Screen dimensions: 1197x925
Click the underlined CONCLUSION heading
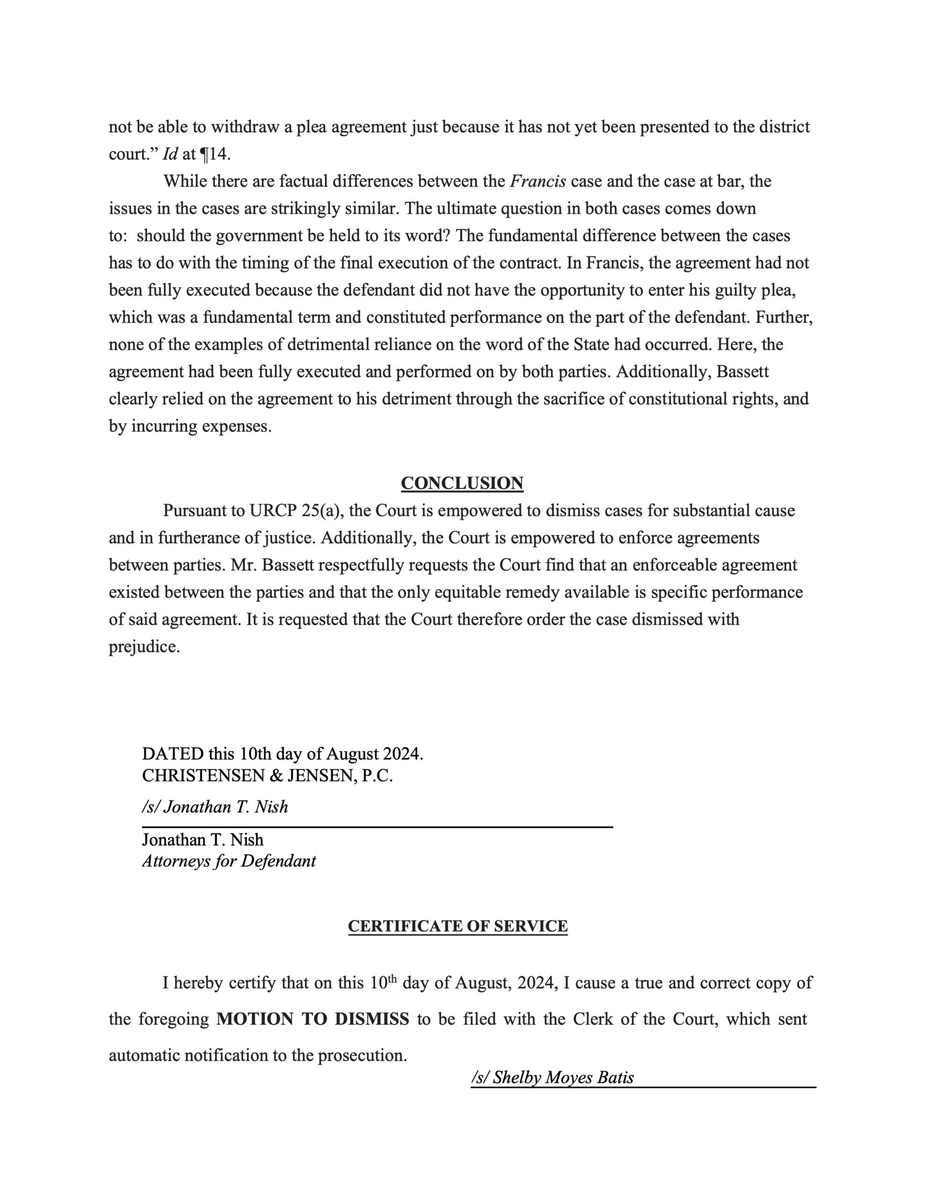coord(462,483)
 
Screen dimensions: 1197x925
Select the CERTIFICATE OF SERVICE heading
coord(457,926)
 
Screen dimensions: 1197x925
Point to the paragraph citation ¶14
coord(213,154)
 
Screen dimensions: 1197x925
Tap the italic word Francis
coord(537,181)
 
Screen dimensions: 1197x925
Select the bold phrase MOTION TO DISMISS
coord(312,1019)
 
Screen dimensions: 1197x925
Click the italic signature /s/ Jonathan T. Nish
coord(215,807)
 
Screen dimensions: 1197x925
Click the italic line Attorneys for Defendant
coord(229,861)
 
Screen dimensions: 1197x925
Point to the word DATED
coord(173,754)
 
